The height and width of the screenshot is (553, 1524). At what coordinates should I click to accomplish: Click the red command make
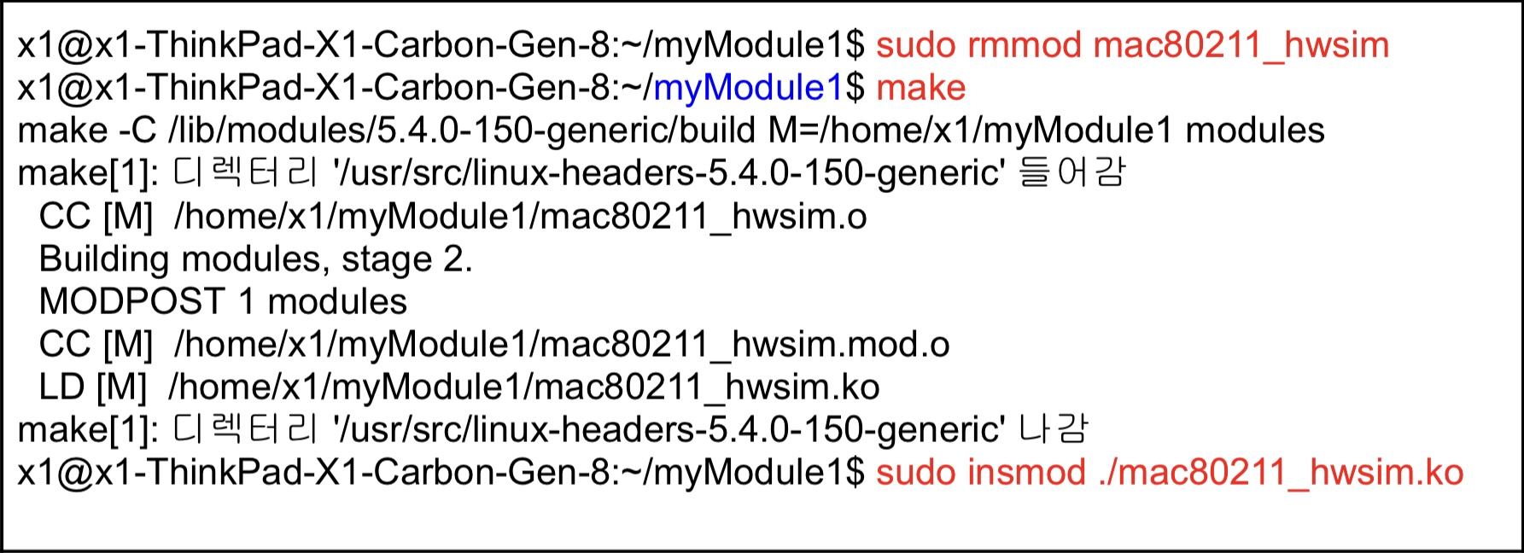(x=920, y=88)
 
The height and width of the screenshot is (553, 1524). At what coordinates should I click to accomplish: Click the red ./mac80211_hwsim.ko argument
(x=1282, y=473)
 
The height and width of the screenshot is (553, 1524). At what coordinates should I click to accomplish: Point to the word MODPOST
(x=131, y=302)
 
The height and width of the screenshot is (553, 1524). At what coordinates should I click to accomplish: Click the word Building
(x=103, y=259)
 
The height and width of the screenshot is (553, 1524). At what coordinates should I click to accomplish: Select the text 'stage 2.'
(x=407, y=259)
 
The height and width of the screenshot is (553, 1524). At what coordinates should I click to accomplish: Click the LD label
(x=61, y=387)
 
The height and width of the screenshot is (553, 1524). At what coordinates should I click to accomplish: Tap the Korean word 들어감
(x=1072, y=173)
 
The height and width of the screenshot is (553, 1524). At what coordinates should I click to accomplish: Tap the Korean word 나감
(x=1054, y=430)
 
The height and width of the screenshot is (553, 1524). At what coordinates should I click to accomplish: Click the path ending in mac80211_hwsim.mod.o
(x=562, y=345)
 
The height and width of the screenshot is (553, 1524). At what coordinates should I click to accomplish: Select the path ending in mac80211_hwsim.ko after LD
(x=524, y=387)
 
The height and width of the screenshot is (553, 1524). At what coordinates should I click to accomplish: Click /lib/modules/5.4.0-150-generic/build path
(x=462, y=131)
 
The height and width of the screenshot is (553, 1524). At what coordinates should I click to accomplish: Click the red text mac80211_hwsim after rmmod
(x=1241, y=45)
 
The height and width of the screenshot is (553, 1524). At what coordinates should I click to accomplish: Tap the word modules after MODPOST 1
(x=337, y=302)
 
